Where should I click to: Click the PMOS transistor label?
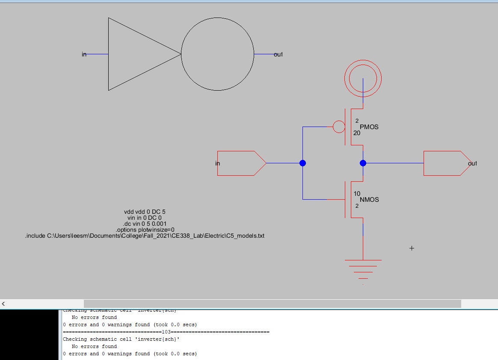(369, 127)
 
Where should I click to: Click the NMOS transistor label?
(369, 200)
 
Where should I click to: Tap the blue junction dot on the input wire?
(302, 163)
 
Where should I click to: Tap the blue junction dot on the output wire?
(363, 163)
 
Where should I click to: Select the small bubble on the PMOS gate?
(338, 127)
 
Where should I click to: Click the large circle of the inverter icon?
(217, 54)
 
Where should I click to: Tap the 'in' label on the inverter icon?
(84, 54)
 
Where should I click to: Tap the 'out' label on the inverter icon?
(278, 54)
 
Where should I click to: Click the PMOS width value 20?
(357, 133)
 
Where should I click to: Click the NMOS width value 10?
(357, 194)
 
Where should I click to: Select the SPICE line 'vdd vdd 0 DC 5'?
(144, 212)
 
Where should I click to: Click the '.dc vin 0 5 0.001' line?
(144, 224)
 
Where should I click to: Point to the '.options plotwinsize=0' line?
(145, 230)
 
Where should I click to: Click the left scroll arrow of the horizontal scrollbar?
(4, 304)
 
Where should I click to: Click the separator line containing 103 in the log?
(166, 332)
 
